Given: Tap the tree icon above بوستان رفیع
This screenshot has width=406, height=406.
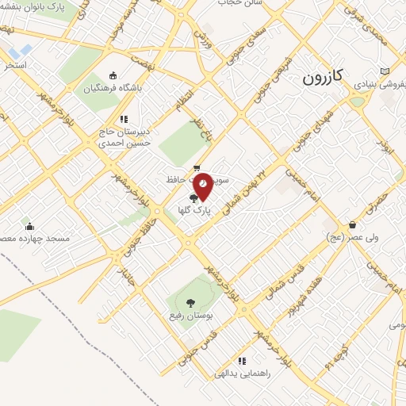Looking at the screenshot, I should [190, 301].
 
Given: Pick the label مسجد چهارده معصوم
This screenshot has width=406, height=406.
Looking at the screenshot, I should [36, 238].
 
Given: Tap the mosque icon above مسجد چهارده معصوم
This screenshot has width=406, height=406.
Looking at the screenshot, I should [30, 226].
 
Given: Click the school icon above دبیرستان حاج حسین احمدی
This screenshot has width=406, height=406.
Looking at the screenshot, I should [124, 119].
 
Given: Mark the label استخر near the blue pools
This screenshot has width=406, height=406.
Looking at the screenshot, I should [16, 63].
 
